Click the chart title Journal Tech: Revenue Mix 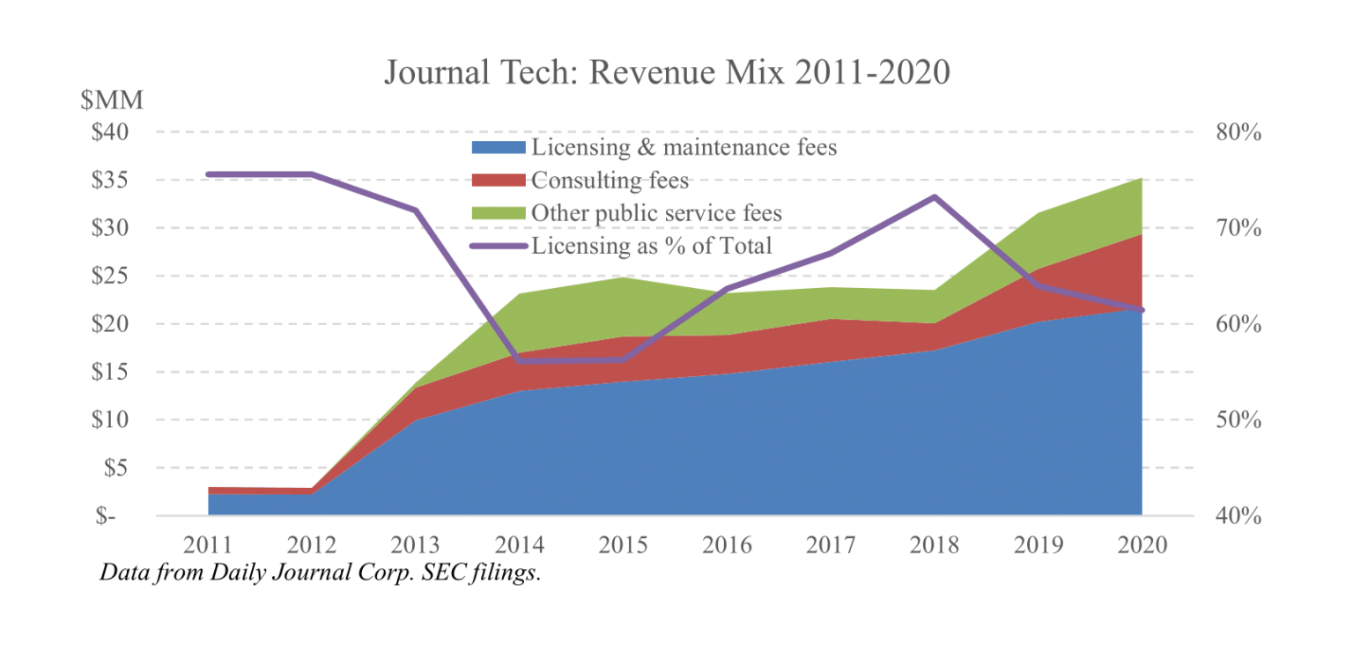[x=667, y=72]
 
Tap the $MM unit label [x=112, y=101]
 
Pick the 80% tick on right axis [x=1238, y=133]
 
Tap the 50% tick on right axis [x=1238, y=420]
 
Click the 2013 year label [x=416, y=545]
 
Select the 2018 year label [x=935, y=545]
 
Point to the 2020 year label [x=1142, y=545]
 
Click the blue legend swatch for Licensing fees [x=498, y=147]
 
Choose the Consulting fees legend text [x=610, y=181]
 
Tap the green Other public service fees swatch [x=498, y=213]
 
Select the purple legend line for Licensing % [x=498, y=246]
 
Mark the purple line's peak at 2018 [x=935, y=196]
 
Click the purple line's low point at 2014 [x=520, y=361]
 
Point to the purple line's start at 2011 [x=209, y=174]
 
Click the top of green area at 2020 [x=1142, y=179]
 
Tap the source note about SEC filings [x=319, y=573]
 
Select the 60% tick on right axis [x=1238, y=324]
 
